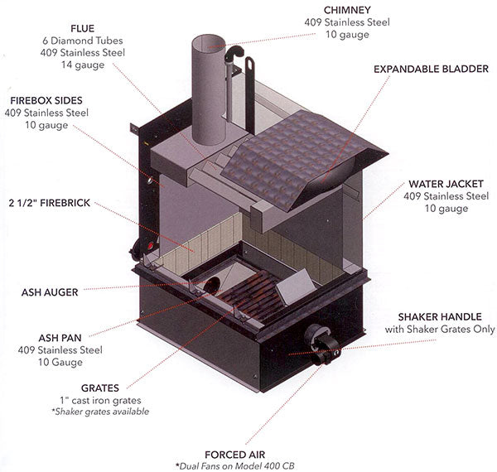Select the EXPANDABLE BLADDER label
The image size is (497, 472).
(432, 69)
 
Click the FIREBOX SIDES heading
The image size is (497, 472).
(36, 99)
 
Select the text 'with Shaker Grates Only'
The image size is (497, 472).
(440, 329)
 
